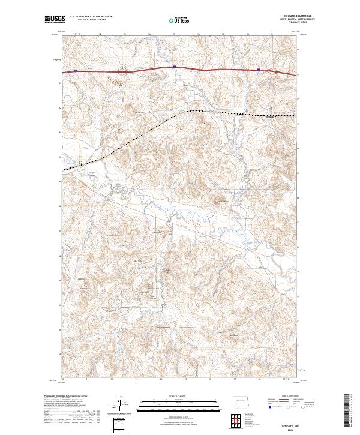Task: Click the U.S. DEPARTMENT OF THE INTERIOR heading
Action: [x=91, y=17]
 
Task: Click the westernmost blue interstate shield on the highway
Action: [x=76, y=70]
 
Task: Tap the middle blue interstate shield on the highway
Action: [x=174, y=67]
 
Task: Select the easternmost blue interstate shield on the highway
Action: [x=259, y=70]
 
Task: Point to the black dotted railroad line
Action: [x=150, y=127]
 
